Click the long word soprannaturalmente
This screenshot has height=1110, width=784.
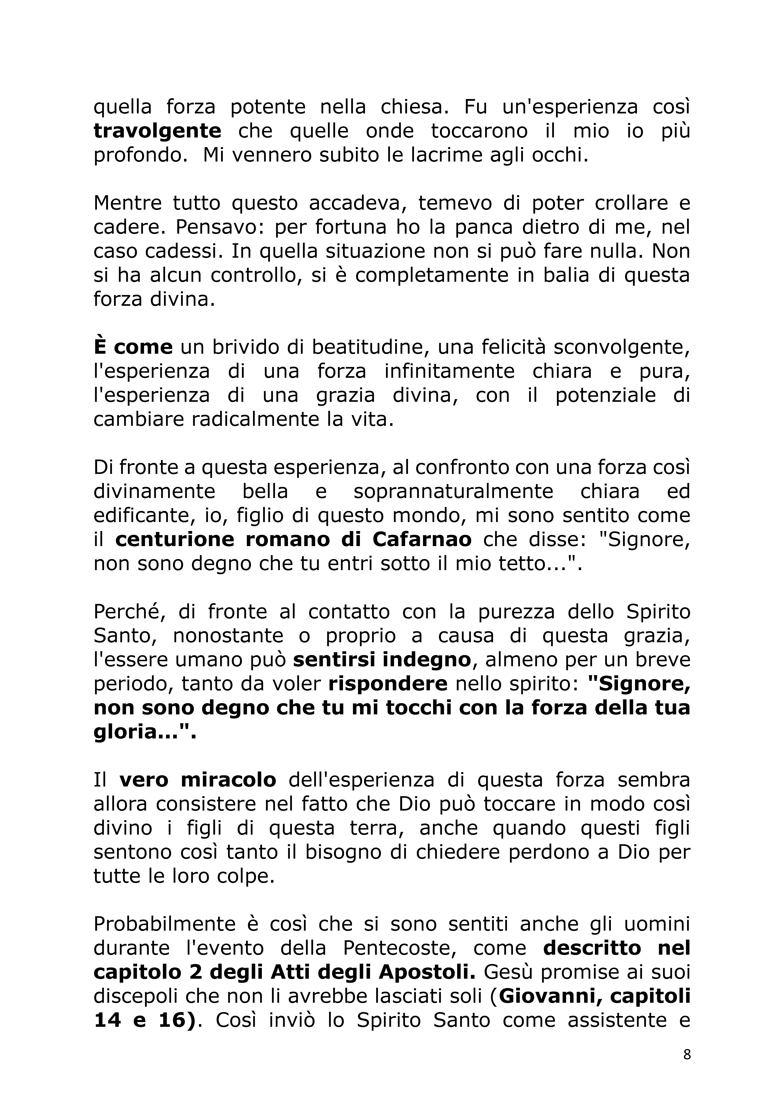tap(453, 491)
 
